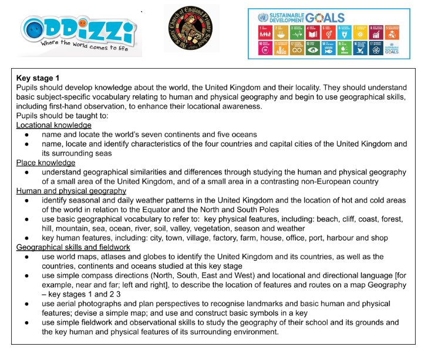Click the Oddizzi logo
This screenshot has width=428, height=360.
78,29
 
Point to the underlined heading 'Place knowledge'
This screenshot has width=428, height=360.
46,163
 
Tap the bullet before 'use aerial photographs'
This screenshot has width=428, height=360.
28,304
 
